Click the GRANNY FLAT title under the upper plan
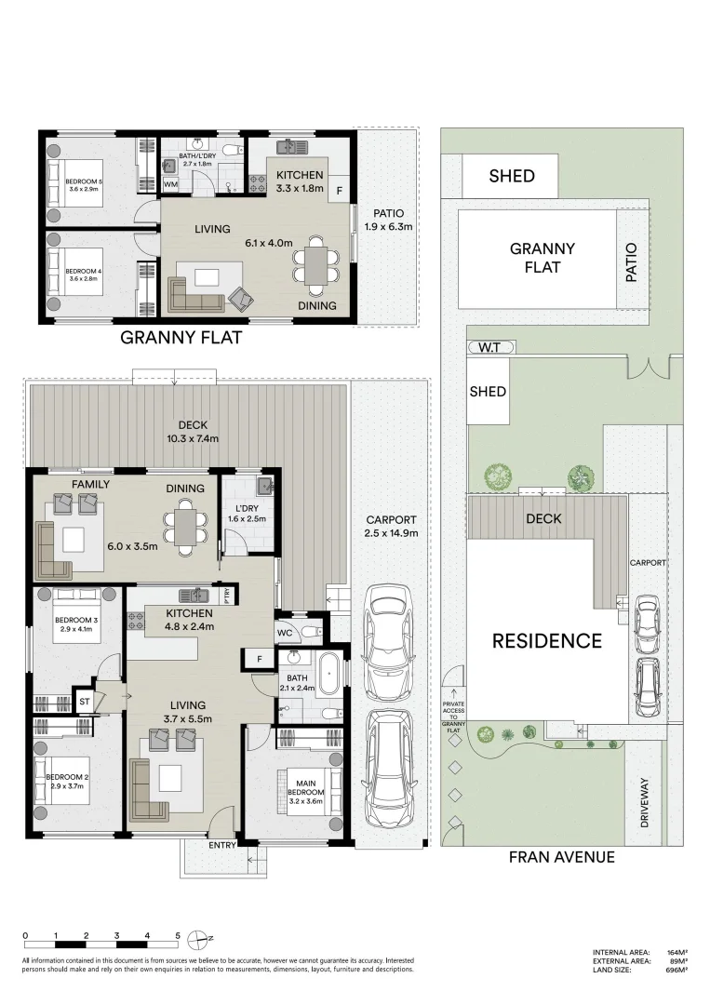click(x=181, y=338)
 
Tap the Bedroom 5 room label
click(x=83, y=183)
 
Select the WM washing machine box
click(x=170, y=185)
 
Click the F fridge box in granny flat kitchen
click(x=339, y=191)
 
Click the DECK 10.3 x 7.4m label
click(x=194, y=432)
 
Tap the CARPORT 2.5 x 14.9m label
click(x=391, y=527)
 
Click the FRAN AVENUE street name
click(x=561, y=857)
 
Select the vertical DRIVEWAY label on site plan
click(x=643, y=803)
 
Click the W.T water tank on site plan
click(x=489, y=348)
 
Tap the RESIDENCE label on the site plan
click(x=546, y=640)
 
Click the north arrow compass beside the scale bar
click(x=197, y=938)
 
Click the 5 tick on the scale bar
click(x=177, y=935)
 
